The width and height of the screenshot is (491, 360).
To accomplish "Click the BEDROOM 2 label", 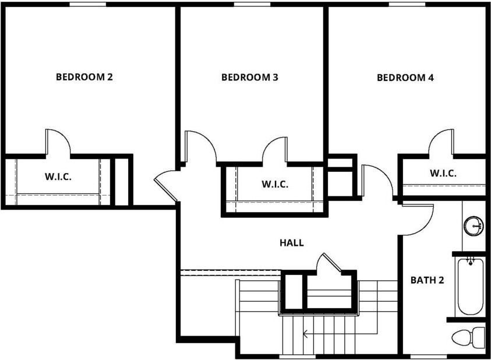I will pos(84,76).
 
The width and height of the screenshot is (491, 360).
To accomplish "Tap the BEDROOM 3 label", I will pos(249,77).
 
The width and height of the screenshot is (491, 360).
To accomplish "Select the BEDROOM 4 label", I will pos(405,77).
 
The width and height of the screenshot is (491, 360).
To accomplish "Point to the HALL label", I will pos(291,243).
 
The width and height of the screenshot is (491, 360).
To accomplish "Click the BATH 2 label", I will pos(427,280).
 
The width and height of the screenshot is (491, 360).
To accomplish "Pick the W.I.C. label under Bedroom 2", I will pos(58,177).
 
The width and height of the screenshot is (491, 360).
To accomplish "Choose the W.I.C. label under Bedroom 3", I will pos(274,184).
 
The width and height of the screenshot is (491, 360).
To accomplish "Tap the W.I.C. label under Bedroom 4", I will pos(443,173).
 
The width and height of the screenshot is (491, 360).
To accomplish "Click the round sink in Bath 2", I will pos(474,225).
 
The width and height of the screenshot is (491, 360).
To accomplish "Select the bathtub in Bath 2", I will pos(471,286).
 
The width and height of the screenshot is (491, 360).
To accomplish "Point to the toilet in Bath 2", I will pos(469,337).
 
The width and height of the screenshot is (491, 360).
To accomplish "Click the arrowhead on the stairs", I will pos(305,334).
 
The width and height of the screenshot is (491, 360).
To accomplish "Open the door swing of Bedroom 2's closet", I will pos(58,143).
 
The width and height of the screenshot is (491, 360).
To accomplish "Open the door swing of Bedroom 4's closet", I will pos(441,143).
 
